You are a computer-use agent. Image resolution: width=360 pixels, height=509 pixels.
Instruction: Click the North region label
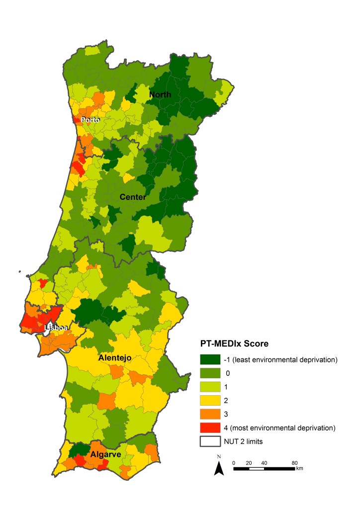tap(161, 94)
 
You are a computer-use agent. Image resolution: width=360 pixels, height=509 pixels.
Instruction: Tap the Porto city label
tap(90, 120)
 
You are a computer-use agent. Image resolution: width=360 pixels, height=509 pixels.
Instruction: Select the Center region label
tap(133, 197)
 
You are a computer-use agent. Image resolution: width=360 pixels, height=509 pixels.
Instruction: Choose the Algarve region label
tap(106, 454)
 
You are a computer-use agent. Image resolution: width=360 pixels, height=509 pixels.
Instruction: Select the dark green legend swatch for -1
tap(210, 359)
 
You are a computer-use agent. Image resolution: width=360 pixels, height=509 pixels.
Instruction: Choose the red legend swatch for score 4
tap(210, 427)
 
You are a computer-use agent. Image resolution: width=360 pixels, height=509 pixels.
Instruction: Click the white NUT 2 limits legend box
tap(210, 440)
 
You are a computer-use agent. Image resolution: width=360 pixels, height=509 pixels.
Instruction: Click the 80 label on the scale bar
tap(294, 463)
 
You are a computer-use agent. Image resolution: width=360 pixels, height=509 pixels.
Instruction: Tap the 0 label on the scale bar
tap(234, 463)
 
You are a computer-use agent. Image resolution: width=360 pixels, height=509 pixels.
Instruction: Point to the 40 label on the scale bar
tap(264, 463)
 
